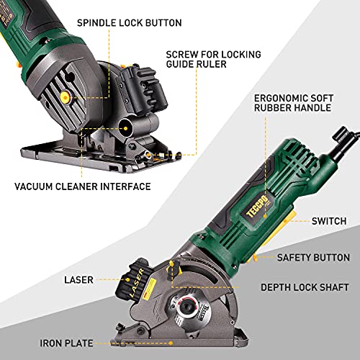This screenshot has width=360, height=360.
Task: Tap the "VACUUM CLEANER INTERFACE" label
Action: [83, 186]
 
